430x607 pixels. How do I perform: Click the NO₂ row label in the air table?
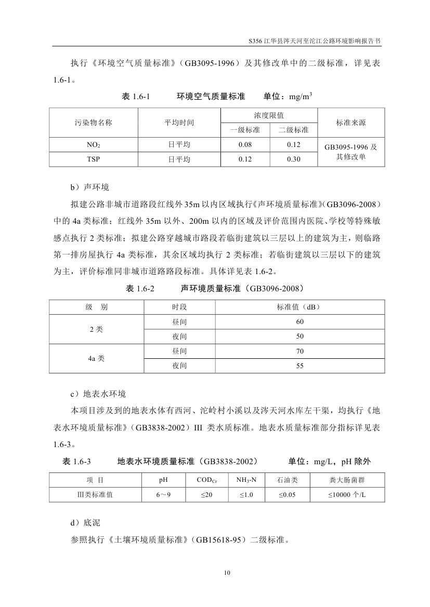94,145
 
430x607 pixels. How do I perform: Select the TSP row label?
94,159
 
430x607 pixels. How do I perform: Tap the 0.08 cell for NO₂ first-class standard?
245,145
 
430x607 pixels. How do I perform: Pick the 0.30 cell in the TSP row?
293,159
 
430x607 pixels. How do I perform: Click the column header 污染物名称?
94,123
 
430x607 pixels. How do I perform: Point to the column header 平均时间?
179,123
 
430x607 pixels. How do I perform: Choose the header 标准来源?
350,123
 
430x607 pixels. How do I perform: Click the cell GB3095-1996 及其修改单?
350,152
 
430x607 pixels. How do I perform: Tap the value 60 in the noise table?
299,322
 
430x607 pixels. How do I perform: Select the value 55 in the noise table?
299,366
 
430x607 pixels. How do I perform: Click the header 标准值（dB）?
299,307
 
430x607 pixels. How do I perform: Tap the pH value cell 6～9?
163,495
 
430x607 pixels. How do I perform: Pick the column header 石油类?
286,480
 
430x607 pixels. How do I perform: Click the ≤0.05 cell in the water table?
286,495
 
